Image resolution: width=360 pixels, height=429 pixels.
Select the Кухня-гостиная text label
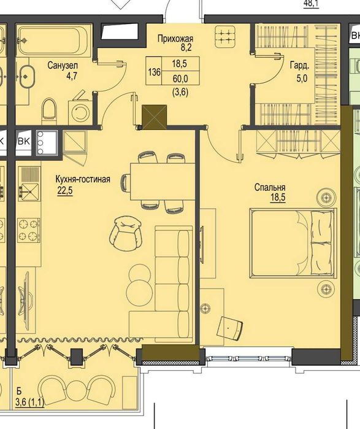coord(83,179)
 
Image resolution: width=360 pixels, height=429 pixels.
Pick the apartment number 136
coord(154,72)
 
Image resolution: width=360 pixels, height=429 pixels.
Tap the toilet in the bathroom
coord(49,110)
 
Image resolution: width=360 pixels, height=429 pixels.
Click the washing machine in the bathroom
coord(79,110)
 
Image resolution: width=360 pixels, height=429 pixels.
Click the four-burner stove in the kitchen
coord(28,229)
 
